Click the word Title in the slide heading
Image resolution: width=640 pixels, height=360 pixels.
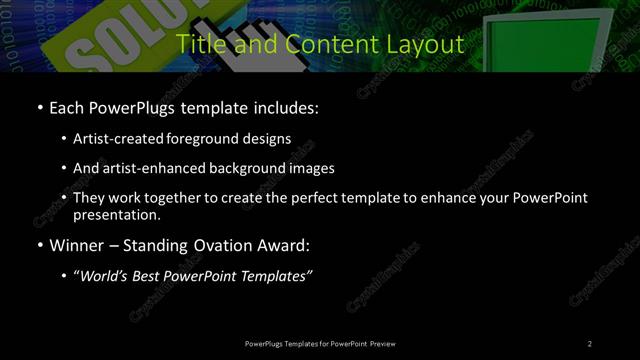pos(198,45)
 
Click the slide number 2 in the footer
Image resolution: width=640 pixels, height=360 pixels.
pos(590,343)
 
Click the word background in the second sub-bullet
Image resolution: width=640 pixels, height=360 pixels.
pos(245,168)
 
